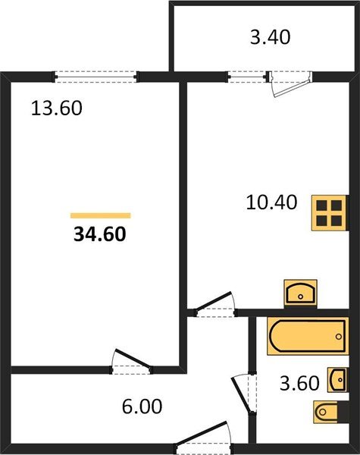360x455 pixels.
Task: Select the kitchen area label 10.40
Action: [x=271, y=202]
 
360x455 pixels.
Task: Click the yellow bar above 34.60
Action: [x=99, y=215]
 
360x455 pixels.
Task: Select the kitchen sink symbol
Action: [x=301, y=293]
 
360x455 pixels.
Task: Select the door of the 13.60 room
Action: [x=130, y=362]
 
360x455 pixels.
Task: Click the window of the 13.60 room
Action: [x=95, y=76]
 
